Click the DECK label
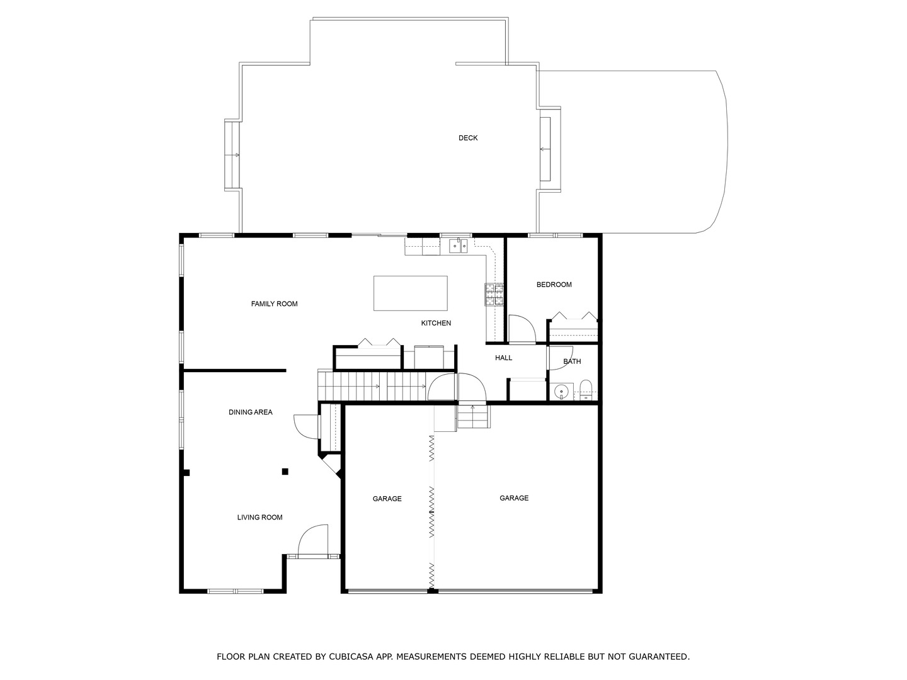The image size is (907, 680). pyautogui.click(x=468, y=138)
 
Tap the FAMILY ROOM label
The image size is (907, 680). pyautogui.click(x=274, y=304)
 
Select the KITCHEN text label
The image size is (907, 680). pyautogui.click(x=436, y=323)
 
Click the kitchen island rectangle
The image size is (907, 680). pyautogui.click(x=410, y=293)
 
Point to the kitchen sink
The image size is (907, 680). pyautogui.click(x=458, y=246)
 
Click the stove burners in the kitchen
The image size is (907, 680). pyautogui.click(x=494, y=294)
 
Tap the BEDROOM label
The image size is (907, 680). pyautogui.click(x=554, y=285)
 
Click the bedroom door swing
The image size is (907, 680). pyautogui.click(x=520, y=329)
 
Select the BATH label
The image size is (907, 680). pyautogui.click(x=572, y=361)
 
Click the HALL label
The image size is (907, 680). pyautogui.click(x=503, y=358)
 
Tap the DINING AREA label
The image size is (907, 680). pyautogui.click(x=250, y=412)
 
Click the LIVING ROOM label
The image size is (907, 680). pyautogui.click(x=260, y=518)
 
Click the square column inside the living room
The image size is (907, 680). pyautogui.click(x=285, y=471)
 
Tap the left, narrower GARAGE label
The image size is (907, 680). pyautogui.click(x=387, y=499)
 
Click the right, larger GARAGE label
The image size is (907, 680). pyautogui.click(x=514, y=498)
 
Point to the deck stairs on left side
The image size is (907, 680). pyautogui.click(x=232, y=155)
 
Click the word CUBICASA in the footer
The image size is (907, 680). pyautogui.click(x=351, y=657)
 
